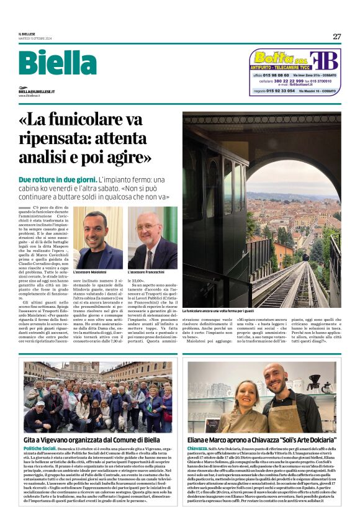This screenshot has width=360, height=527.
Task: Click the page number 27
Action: coord(336,36)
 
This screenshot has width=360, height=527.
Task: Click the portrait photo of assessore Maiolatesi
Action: coord(97,238)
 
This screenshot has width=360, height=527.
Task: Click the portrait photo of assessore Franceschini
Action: coord(153,238)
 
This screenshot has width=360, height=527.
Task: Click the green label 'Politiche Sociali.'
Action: coord(40,448)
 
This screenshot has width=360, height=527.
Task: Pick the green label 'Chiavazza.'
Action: coord(197,448)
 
